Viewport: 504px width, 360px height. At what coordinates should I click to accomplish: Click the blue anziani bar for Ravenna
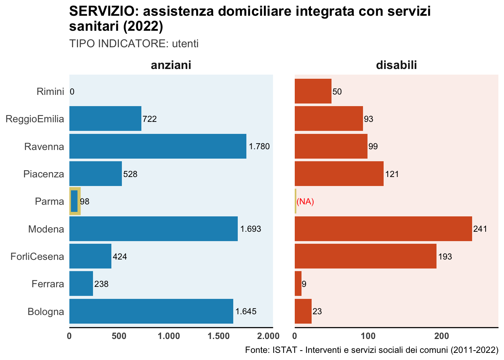157,146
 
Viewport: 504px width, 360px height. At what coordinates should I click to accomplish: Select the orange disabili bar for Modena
383,229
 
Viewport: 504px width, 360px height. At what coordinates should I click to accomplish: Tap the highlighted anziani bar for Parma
74,201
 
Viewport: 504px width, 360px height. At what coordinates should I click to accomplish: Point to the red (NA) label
305,202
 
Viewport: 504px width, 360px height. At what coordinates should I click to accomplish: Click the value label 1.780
259,147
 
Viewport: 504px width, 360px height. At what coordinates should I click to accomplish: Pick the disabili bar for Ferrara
298,284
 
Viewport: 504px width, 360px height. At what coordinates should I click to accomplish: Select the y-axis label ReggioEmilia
35,119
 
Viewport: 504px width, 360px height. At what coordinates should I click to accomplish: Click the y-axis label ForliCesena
37,257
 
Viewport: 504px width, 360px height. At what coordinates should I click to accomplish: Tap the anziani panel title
171,65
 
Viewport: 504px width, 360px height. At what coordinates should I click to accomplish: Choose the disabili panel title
396,65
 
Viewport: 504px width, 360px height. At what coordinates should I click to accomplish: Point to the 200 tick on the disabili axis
441,336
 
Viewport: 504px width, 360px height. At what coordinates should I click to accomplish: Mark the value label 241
480,229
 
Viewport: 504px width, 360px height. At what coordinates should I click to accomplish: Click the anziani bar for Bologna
151,311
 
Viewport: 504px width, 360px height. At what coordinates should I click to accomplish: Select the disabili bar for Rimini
313,91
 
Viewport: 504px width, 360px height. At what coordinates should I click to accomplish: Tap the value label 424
120,257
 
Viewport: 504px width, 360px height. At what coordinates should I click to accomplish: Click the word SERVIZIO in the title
100,12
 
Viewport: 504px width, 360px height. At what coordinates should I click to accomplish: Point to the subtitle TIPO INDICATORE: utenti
134,44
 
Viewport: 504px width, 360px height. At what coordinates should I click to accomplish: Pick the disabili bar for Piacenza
339,174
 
